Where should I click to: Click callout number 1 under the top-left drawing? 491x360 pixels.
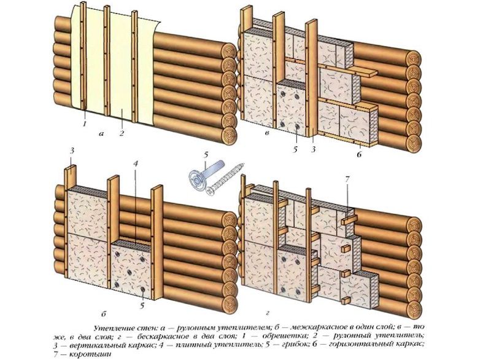click(85, 125)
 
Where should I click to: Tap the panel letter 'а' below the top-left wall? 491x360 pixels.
click(102, 133)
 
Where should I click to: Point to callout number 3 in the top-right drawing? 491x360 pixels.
click(314, 148)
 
